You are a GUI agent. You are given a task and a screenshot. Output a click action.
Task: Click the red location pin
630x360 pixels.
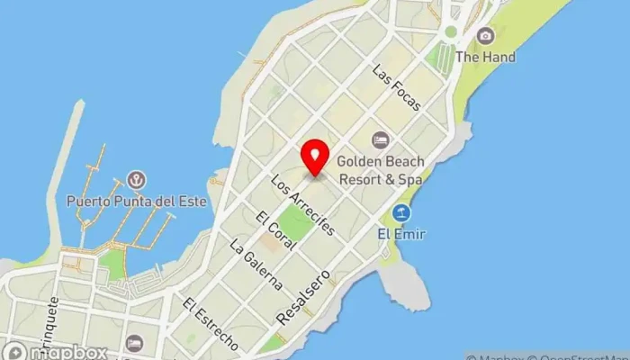(x=315, y=158)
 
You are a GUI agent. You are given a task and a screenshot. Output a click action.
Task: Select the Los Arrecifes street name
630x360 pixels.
(x=302, y=204)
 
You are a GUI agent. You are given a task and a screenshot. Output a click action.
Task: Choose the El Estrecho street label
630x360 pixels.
(x=210, y=324)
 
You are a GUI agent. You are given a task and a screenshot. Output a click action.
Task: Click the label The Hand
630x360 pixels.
(x=485, y=58)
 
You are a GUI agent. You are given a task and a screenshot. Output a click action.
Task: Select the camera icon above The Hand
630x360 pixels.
(x=486, y=36)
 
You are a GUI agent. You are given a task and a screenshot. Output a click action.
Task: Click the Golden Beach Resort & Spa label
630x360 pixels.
(x=380, y=170)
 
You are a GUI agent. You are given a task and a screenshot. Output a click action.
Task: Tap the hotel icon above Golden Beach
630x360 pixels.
(x=381, y=139)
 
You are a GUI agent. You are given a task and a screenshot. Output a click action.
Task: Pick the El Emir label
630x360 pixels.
(x=401, y=235)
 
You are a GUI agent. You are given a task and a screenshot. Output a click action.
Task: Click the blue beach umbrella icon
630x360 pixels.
(x=401, y=213)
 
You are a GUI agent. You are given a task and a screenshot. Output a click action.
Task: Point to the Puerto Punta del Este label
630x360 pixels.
(x=137, y=201)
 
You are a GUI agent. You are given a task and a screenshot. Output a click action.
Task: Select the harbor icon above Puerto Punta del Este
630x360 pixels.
(x=137, y=180)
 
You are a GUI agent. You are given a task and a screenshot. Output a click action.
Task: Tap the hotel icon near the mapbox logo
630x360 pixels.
(x=134, y=343)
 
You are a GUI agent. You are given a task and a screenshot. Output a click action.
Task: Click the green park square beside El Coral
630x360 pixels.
(x=294, y=223)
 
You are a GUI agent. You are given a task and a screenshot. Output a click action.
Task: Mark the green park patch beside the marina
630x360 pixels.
(x=111, y=264)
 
